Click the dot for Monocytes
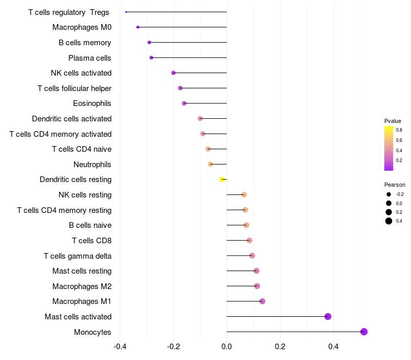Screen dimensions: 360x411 pos(364,332)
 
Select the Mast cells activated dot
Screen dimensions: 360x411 pos(328,316)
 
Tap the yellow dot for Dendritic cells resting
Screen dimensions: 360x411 pos(222,179)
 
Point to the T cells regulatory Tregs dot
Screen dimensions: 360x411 pos(126,12)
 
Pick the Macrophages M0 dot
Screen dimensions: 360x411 pos(138,27)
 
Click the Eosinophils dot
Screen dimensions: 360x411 pos(184,103)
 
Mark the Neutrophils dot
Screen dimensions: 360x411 pos(210,164)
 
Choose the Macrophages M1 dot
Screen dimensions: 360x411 pos(262,301)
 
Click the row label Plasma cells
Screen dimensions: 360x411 pos(90,58)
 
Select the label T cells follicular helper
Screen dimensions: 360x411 pos(74,88)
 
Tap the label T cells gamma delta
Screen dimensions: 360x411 pos(78,256)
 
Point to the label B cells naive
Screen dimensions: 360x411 pos(90,225)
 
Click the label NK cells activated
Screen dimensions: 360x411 pos(81,73)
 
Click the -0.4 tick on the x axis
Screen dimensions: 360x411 pos(120,346)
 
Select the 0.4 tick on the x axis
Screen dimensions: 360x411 pos(333,346)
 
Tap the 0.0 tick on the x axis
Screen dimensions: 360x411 pos(227,346)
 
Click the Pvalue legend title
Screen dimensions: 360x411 pos(393,121)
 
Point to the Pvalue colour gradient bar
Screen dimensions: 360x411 pos(389,148)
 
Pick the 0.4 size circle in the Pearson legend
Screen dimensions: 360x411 pos(389,221)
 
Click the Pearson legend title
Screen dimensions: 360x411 pos(395,185)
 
